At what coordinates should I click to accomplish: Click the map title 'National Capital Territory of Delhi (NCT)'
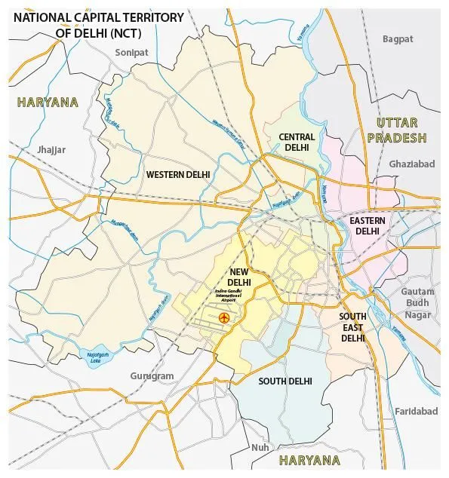[x=98, y=23]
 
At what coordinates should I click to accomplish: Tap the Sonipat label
[x=133, y=52]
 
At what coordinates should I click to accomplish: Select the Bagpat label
[x=398, y=38]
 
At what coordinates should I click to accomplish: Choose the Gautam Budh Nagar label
[x=417, y=303]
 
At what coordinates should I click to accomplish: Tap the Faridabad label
[x=416, y=411]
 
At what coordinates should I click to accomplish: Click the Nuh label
[x=260, y=447]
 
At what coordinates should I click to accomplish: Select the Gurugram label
[x=151, y=375]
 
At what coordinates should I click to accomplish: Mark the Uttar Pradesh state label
[x=396, y=130]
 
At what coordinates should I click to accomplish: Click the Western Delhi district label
[x=178, y=174]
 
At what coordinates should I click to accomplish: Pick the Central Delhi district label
[x=297, y=142]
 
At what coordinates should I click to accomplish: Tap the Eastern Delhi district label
[x=368, y=225]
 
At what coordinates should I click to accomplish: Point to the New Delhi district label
[x=240, y=277]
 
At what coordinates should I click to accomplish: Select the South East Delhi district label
[x=352, y=327]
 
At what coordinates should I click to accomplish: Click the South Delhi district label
[x=285, y=381]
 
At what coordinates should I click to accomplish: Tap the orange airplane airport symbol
[x=223, y=319]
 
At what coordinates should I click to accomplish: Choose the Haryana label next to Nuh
[x=309, y=460]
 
